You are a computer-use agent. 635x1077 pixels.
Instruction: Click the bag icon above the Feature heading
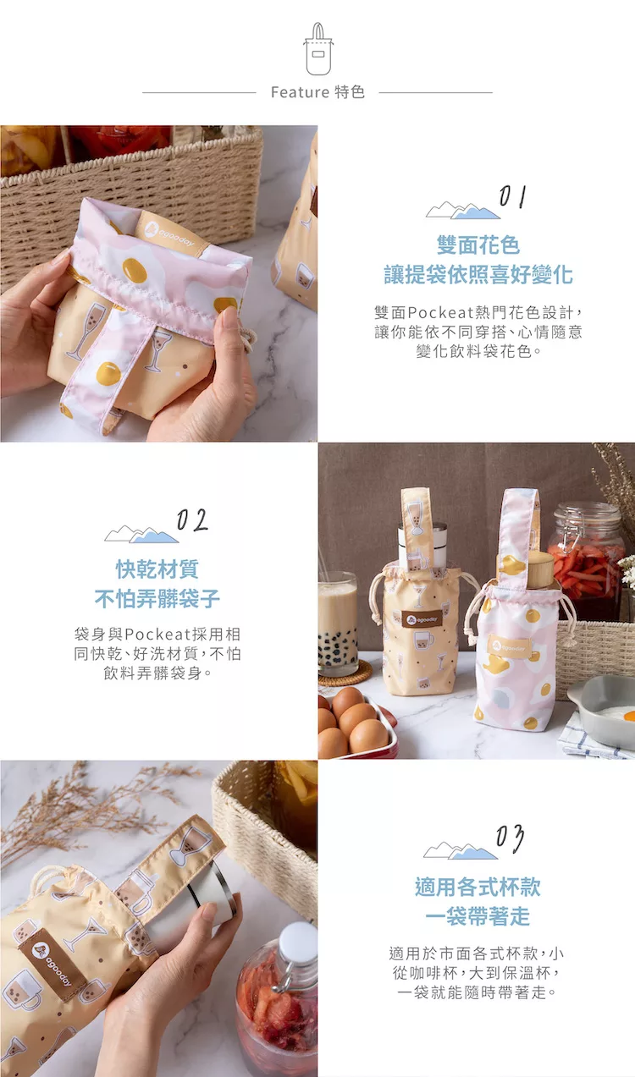tap(317, 49)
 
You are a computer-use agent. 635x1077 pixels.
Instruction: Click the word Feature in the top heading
tap(300, 92)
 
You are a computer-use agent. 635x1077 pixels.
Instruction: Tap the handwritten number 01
tap(512, 196)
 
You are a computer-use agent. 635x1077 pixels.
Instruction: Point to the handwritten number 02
tap(192, 519)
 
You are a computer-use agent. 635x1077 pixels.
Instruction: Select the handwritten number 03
tap(510, 838)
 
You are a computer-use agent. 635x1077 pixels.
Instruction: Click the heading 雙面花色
tap(478, 245)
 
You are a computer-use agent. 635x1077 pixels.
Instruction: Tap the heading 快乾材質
tap(157, 569)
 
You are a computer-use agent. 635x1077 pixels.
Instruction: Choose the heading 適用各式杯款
tap(478, 887)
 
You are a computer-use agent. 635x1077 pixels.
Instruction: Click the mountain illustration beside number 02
tap(141, 534)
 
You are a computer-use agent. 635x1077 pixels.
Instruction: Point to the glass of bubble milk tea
tap(338, 624)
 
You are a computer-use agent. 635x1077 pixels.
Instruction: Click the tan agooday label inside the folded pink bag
tap(171, 235)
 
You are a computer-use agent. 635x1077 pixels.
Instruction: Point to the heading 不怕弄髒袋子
tap(157, 599)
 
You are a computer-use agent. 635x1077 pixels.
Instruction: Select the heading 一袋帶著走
tap(478, 916)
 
